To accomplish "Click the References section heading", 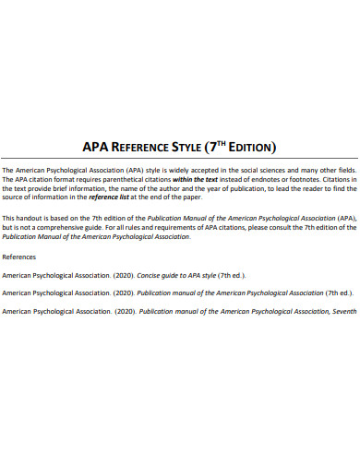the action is click(20, 256).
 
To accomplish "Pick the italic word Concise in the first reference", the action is click(150, 276).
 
